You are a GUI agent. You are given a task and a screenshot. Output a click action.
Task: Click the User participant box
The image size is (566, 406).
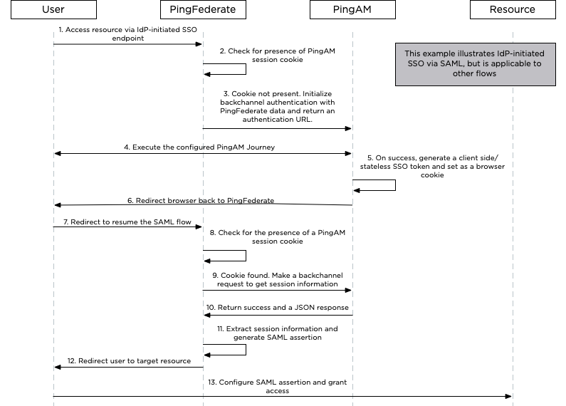click(x=53, y=10)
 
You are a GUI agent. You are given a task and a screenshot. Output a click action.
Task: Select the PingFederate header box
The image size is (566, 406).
click(x=203, y=10)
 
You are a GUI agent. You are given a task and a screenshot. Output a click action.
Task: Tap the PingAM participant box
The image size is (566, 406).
click(x=352, y=10)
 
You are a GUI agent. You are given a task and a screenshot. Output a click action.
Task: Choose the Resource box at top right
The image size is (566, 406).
click(x=512, y=10)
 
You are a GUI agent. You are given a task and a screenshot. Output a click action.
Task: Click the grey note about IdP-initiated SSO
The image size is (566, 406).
click(x=475, y=63)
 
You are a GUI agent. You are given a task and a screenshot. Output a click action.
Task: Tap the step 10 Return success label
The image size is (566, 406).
click(x=277, y=308)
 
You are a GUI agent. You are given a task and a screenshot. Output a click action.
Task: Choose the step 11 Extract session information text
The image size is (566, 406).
click(x=277, y=333)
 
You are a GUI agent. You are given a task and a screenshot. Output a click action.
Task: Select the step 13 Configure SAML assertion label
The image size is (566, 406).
click(x=283, y=386)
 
